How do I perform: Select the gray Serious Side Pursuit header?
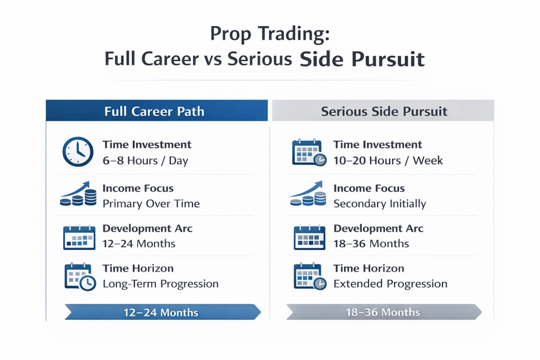pyautogui.click(x=383, y=111)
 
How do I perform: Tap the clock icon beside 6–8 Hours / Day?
pyautogui.click(x=78, y=152)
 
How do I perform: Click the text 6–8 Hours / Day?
pyautogui.click(x=145, y=161)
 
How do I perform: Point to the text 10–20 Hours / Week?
pyautogui.click(x=388, y=161)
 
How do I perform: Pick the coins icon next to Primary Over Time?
pyautogui.click(x=79, y=195)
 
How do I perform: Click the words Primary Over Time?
pyautogui.click(x=151, y=203)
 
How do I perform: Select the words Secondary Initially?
pyautogui.click(x=380, y=203)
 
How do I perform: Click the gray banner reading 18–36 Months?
pyautogui.click(x=384, y=312)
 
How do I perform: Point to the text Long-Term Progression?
pyautogui.click(x=160, y=284)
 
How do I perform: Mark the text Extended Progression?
pyautogui.click(x=390, y=284)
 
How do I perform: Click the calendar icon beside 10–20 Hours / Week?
pyautogui.click(x=309, y=152)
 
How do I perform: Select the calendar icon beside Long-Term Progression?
pyautogui.click(x=79, y=276)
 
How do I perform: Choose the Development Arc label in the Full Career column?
pyautogui.click(x=147, y=229)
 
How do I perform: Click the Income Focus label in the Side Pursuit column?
pyautogui.click(x=369, y=188)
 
